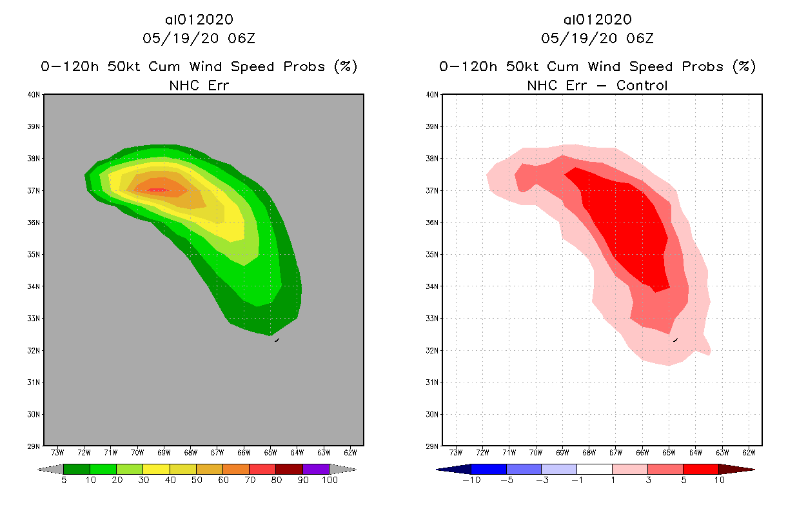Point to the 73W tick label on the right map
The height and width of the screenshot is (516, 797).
tap(456, 451)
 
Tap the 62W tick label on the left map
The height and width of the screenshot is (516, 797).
tap(350, 451)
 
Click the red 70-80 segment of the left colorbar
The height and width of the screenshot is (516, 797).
tap(262, 469)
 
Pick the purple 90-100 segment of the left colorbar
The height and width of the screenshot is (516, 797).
tap(316, 469)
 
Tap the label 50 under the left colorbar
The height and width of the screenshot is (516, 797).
tap(196, 481)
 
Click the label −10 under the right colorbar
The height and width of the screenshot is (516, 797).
tap(471, 481)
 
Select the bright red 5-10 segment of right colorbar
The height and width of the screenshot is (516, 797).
tap(700, 469)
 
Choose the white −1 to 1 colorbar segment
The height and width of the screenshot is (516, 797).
tap(595, 469)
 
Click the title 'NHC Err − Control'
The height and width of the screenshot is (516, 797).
tap(597, 85)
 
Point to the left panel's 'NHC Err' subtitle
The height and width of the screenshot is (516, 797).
tap(199, 85)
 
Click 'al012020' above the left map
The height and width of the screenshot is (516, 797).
tap(199, 19)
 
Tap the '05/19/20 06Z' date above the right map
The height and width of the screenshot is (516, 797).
tap(597, 38)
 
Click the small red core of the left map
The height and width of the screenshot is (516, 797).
tap(158, 190)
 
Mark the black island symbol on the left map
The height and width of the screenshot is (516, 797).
tap(277, 339)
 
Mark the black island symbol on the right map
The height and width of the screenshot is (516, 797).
tap(675, 339)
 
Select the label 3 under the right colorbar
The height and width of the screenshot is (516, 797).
tap(647, 481)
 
